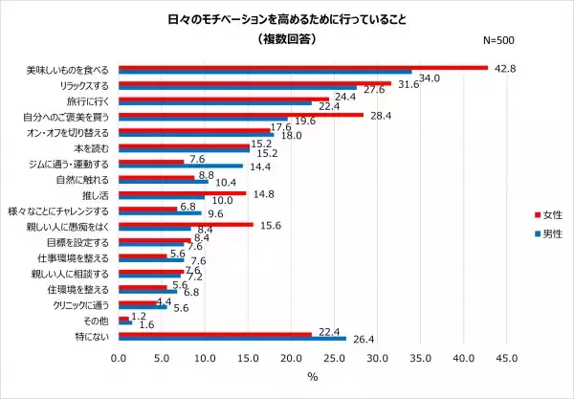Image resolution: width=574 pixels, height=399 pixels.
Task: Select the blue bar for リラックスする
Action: [238, 88]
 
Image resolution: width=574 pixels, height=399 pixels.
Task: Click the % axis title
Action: [312, 377]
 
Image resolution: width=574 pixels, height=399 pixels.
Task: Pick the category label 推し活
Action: [99, 192]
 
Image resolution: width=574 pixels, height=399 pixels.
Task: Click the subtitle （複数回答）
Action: [287, 39]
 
